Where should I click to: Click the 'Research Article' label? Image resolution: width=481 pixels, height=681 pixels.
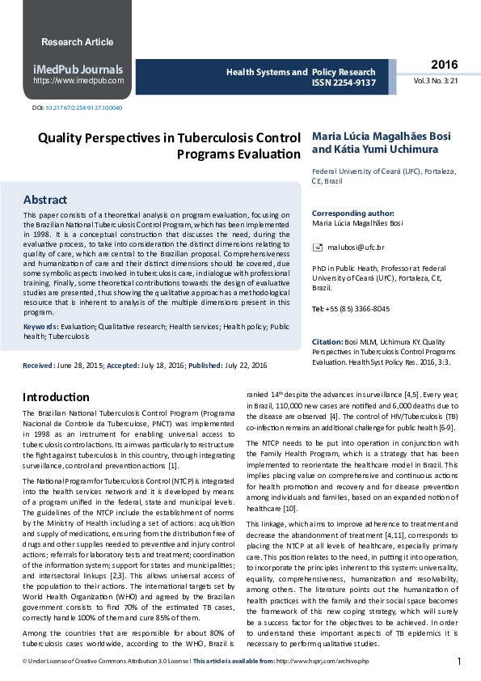click(x=78, y=42)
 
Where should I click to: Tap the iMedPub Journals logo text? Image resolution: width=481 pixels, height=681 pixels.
click(x=78, y=70)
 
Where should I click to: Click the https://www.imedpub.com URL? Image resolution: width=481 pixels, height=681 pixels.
click(x=78, y=81)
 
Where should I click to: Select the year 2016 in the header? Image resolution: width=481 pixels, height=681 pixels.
click(x=444, y=65)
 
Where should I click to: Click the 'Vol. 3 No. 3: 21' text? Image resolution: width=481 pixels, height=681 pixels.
click(x=436, y=81)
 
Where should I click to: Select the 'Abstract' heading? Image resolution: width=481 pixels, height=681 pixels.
click(x=45, y=199)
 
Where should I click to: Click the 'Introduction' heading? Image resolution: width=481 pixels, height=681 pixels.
click(x=56, y=397)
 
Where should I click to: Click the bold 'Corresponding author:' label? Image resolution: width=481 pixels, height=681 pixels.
click(x=352, y=214)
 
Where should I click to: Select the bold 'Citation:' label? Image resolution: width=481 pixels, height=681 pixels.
click(x=327, y=341)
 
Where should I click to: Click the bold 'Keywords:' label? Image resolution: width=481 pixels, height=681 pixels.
click(x=40, y=326)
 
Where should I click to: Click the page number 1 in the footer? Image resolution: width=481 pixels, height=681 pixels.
click(x=459, y=662)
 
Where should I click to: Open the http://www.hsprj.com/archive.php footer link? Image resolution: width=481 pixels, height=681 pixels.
click(x=322, y=662)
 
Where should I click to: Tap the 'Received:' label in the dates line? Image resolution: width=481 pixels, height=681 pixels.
click(x=39, y=366)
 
